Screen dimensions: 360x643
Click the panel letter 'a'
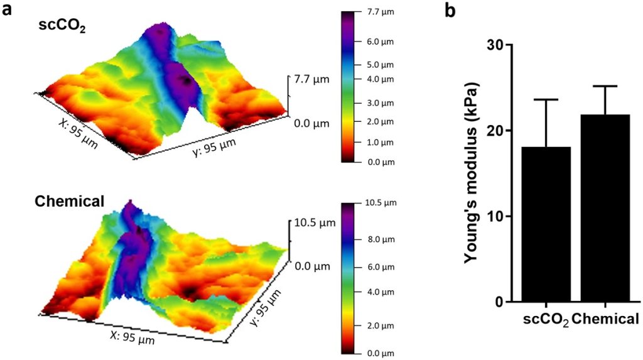(x=9, y=11)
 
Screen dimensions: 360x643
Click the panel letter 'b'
(x=450, y=11)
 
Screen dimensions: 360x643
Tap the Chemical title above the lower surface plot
(x=69, y=202)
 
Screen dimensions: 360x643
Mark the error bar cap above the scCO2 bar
(x=546, y=99)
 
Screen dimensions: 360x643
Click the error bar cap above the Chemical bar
(x=605, y=86)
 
